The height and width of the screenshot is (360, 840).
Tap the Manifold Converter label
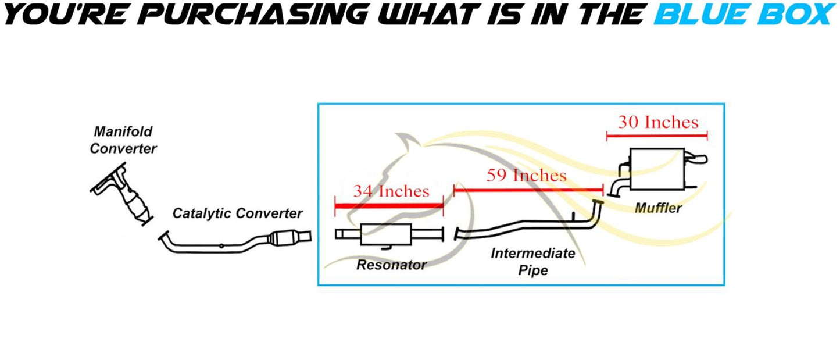coord(123,140)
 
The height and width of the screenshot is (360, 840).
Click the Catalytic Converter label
coord(237,213)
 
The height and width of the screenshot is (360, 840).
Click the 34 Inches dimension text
coord(391,191)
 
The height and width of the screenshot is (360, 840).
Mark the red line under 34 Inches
coord(389,205)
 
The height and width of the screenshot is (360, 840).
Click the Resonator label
coord(391,265)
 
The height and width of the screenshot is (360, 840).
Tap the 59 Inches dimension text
coord(527,176)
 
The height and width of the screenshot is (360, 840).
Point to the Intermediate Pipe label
coord(533,262)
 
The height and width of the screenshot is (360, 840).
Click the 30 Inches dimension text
coord(657,122)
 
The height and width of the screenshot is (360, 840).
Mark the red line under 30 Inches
coord(657,136)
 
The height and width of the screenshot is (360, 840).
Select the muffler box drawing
coord(655,169)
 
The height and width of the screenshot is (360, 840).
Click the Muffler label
coord(657,208)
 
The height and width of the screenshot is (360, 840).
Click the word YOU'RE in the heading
coord(52,14)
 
